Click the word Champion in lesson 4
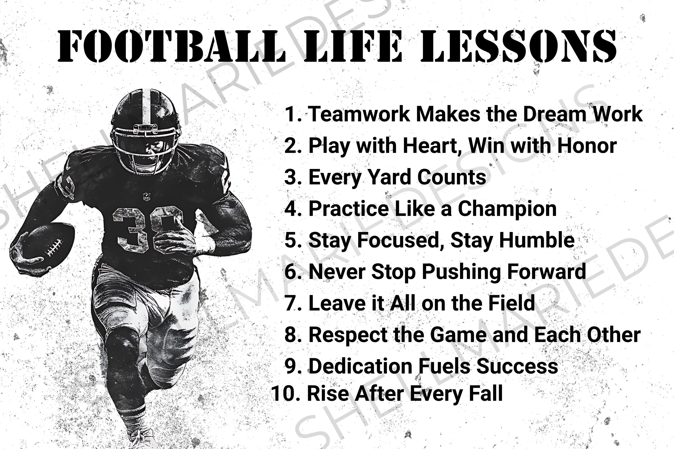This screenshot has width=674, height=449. pos(507,209)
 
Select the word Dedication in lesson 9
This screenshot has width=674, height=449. pos(361,366)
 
